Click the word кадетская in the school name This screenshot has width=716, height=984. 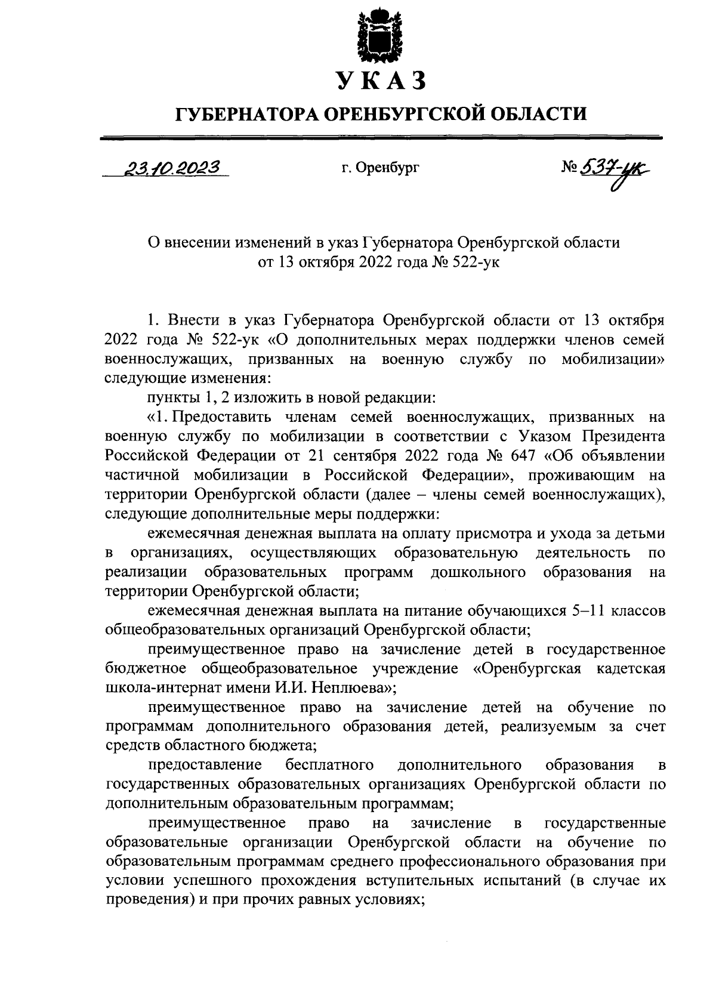point(630,668)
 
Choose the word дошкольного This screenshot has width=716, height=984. point(478,572)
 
